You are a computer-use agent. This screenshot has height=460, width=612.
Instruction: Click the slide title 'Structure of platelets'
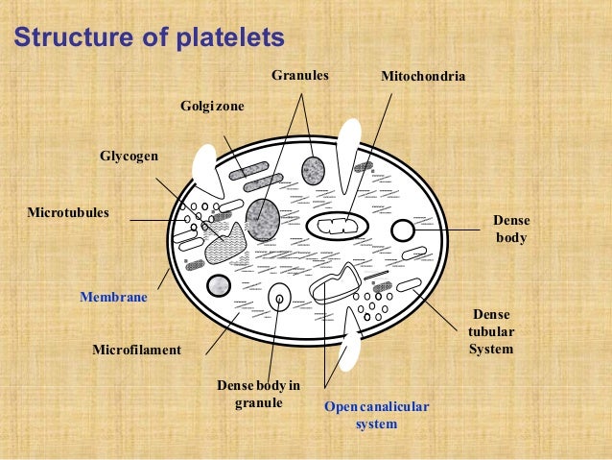click(x=149, y=38)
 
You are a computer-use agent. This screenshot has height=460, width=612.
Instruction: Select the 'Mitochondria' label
click(x=423, y=74)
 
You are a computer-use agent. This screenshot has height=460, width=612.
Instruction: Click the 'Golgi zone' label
click(x=213, y=106)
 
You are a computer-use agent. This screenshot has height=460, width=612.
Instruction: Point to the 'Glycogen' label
click(x=129, y=156)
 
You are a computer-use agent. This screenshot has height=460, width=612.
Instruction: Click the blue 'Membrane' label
click(x=113, y=298)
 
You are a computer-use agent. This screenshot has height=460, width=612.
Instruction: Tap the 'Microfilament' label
click(x=136, y=350)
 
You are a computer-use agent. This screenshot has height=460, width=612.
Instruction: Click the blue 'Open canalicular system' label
click(x=376, y=415)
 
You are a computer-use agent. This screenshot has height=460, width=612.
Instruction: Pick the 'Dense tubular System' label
click(x=491, y=331)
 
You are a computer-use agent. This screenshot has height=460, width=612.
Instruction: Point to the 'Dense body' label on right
click(x=510, y=229)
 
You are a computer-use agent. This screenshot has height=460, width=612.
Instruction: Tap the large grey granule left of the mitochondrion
click(x=263, y=219)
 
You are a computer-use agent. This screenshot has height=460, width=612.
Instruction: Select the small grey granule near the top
click(x=314, y=171)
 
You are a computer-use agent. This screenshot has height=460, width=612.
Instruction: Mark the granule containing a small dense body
click(x=279, y=298)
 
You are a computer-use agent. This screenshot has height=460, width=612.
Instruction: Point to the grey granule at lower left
click(x=220, y=285)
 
